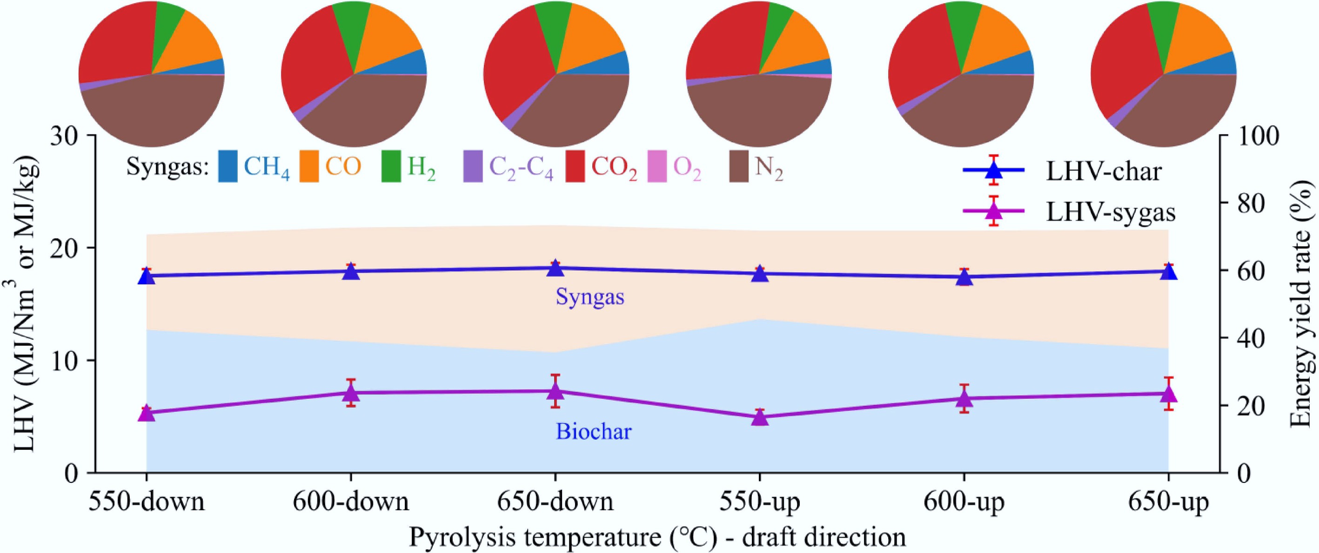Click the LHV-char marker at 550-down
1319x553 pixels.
[147, 276]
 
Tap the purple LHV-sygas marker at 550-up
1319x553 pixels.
[760, 417]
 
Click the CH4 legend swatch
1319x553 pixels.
[228, 166]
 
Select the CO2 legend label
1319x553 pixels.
[615, 168]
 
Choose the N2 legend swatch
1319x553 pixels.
[738, 166]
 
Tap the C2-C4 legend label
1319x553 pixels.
[521, 168]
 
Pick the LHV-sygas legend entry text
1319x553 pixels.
[1110, 212]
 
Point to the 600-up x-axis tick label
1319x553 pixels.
[964, 502]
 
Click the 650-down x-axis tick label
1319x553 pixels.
[555, 502]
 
